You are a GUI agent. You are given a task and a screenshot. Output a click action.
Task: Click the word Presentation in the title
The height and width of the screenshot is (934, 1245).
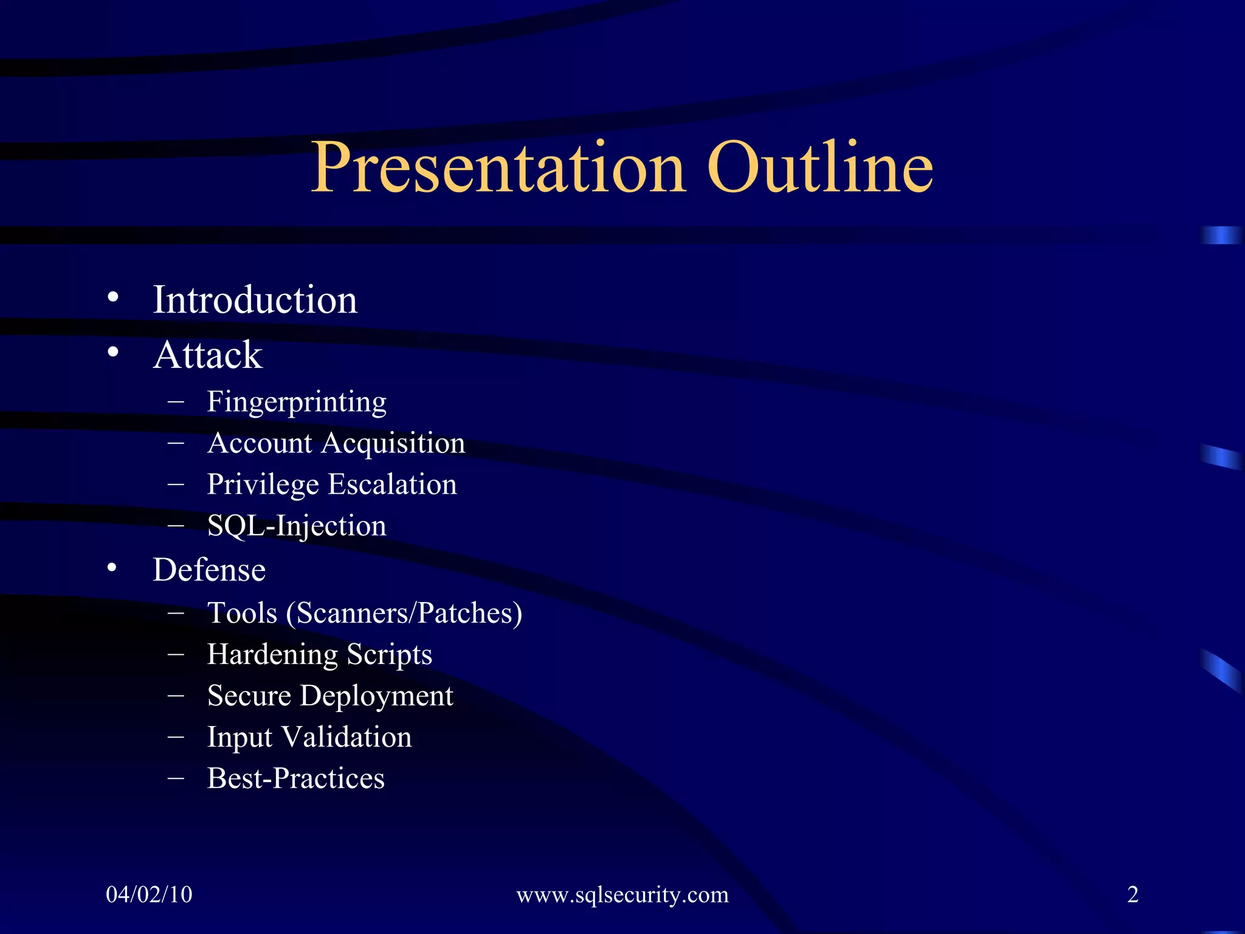tap(497, 168)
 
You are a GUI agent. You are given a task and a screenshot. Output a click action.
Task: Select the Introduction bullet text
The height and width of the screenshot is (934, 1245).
tap(255, 300)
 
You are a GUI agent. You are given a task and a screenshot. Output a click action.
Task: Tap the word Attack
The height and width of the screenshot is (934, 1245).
tap(208, 355)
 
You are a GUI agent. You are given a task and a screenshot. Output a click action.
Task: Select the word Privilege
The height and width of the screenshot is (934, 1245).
tap(263, 485)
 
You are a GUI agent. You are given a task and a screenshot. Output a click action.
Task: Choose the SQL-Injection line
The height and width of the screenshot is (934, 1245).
tap(296, 526)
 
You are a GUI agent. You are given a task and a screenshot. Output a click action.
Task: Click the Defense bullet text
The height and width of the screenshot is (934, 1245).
tap(209, 570)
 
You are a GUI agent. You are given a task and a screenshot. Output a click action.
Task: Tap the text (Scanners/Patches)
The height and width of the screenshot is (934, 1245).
tap(404, 614)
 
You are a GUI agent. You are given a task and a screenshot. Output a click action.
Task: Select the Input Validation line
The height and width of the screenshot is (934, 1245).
tap(309, 737)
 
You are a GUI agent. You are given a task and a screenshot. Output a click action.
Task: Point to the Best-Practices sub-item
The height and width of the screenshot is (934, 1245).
tap(295, 778)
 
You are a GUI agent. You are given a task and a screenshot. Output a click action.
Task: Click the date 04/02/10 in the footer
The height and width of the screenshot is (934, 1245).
tap(149, 894)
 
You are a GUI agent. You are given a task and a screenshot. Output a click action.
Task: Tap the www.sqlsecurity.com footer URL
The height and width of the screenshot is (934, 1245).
tap(622, 895)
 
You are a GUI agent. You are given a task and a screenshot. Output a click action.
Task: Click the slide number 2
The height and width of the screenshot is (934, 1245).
tap(1133, 894)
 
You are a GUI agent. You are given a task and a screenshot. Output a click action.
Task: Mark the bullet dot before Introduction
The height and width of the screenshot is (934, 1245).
tap(112, 297)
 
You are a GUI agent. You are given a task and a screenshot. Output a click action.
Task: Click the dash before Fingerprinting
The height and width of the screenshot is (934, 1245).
tap(176, 401)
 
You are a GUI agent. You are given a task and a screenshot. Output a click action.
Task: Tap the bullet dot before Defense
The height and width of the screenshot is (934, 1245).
tap(112, 568)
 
